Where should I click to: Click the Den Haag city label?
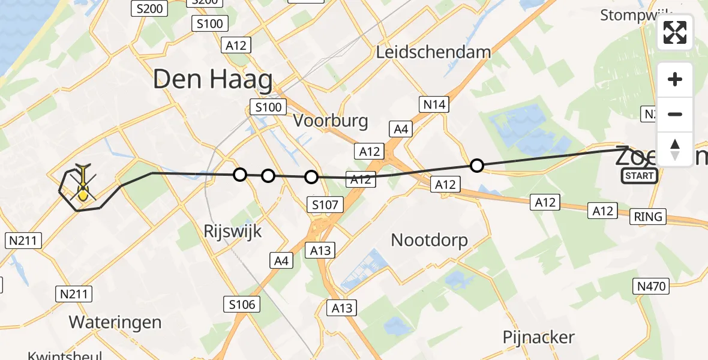[x=212, y=79]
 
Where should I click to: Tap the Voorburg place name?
[x=331, y=121]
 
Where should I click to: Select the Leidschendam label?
[x=433, y=52]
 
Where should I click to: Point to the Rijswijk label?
[x=233, y=231]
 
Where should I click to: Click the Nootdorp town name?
[x=429, y=241]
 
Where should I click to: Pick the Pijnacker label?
[x=539, y=337]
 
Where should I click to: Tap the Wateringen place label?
[x=115, y=322]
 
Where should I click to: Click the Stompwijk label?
[x=637, y=15]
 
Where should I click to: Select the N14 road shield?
[x=434, y=105]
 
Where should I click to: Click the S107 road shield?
[x=325, y=205]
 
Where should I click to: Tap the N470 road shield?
[x=652, y=286]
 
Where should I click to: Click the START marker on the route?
[x=639, y=176]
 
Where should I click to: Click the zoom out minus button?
[x=675, y=115]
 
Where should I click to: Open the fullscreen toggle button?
[x=675, y=32]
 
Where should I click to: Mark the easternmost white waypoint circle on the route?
[x=476, y=165]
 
